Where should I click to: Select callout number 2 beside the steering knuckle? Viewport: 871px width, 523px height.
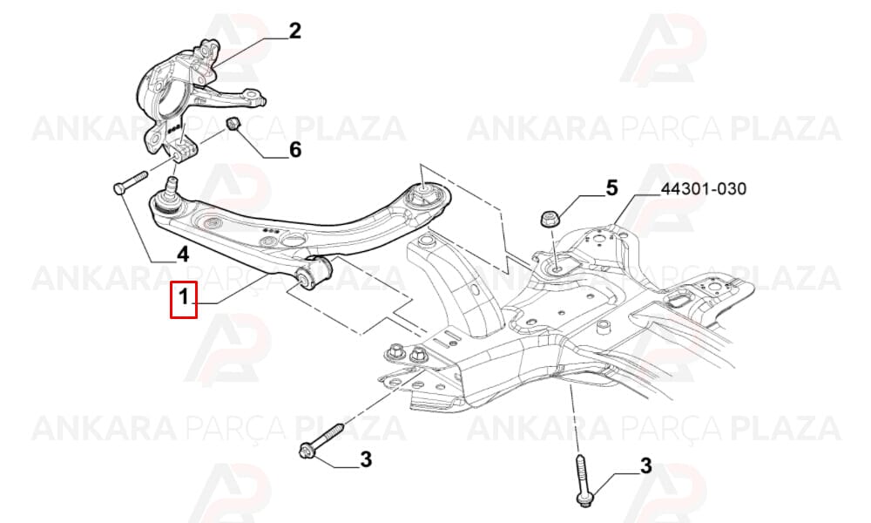294,31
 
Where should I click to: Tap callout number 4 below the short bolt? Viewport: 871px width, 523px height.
182,255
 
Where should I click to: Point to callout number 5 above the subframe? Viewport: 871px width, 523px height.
611,188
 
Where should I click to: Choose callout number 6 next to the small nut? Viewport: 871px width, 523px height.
295,149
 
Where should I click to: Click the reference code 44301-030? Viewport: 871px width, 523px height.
703,189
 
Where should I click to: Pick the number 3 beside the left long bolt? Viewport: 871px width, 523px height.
366,459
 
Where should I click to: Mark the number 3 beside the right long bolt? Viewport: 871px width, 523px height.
645,465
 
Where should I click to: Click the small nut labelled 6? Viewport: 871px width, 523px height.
233,123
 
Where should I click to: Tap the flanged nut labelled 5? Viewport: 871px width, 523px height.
550,217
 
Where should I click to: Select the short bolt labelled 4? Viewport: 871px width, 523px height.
130,182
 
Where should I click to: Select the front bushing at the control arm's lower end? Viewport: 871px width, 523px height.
314,272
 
